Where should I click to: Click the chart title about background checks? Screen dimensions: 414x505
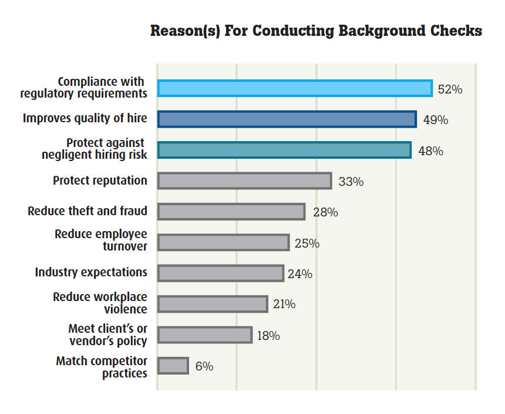(316, 31)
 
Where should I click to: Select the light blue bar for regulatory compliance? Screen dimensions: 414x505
(295, 88)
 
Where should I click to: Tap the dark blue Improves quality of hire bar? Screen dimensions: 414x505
(287, 119)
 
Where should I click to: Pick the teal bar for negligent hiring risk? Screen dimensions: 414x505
(284, 150)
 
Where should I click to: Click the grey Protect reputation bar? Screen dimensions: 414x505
(244, 181)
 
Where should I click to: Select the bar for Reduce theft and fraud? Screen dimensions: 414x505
(231, 212)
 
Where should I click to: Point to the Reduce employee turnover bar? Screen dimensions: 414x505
(223, 242)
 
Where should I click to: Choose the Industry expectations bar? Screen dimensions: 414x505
(221, 273)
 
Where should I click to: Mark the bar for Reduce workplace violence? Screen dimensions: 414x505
(213, 304)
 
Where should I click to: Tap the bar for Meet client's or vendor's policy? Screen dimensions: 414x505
(205, 335)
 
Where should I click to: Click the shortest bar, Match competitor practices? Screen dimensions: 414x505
(173, 366)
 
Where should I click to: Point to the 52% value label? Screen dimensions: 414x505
(450, 90)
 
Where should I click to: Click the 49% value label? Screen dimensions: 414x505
(436, 121)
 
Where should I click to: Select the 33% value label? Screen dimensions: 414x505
(351, 182)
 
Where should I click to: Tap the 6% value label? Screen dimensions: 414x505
(204, 366)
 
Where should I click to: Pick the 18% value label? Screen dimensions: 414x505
(268, 336)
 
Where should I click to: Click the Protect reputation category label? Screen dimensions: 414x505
(100, 180)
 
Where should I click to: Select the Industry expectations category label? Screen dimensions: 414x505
(91, 272)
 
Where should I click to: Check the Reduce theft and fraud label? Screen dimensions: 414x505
(87, 211)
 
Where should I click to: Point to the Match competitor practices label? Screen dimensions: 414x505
(102, 366)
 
